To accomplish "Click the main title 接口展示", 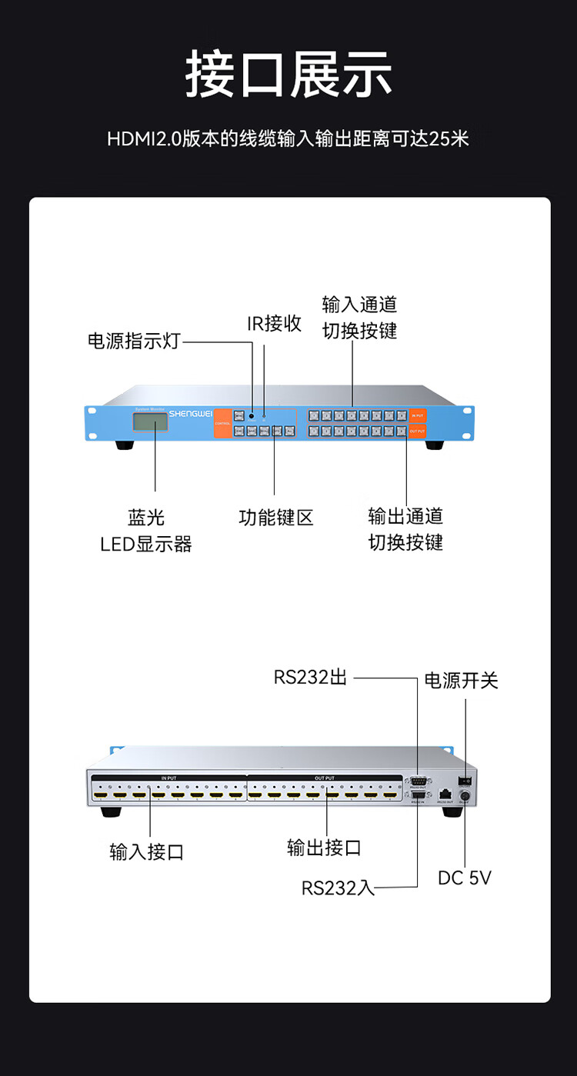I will click(288, 75).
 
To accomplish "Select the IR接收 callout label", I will click(274, 323).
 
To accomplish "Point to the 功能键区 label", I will click(275, 518).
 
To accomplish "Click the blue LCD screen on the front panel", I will click(150, 422).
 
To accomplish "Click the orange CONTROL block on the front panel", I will click(222, 423).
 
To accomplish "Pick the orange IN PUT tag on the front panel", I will click(418, 416).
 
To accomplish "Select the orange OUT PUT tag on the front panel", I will click(418, 431).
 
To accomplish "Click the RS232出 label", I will click(310, 678).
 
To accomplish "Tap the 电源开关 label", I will click(461, 681).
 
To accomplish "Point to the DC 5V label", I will click(464, 878).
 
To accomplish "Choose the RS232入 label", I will click(338, 888).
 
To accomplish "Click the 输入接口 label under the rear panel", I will click(147, 851).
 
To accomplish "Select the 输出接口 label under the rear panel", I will click(324, 848).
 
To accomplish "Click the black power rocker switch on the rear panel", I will click(464, 781).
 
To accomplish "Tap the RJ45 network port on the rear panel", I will click(445, 793).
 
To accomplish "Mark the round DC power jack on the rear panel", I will click(464, 797).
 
